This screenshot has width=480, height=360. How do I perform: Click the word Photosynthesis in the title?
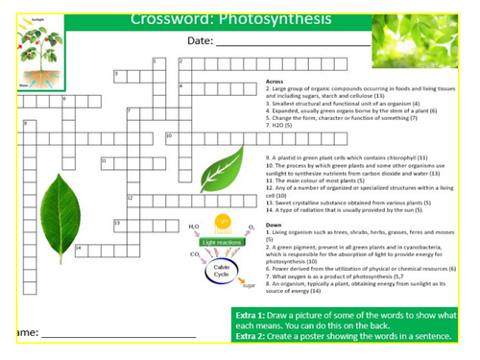point(277,18)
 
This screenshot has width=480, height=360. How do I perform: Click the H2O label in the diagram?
point(194,227)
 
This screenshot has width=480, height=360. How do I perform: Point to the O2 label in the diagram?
point(252,227)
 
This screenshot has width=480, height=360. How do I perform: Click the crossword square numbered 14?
point(80,250)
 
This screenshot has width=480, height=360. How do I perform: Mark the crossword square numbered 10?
point(170,137)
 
